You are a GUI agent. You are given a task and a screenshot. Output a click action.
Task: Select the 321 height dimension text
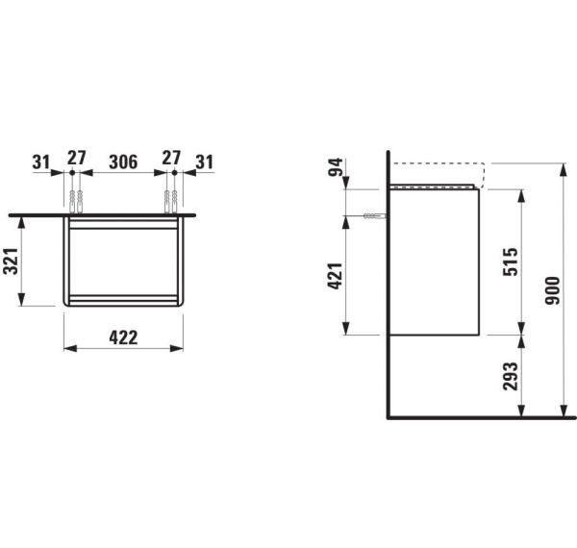tap(13, 260)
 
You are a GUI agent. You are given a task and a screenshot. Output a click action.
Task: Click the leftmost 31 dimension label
tap(40, 160)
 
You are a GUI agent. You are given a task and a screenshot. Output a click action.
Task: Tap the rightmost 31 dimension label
tap(203, 160)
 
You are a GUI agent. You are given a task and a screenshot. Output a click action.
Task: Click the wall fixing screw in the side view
tap(376, 216)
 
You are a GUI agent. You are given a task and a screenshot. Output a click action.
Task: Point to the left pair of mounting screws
tap(76, 200)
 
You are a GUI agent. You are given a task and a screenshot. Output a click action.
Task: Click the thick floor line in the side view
tap(481, 418)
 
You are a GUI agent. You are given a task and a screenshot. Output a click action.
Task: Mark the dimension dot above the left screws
tap(72, 173)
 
